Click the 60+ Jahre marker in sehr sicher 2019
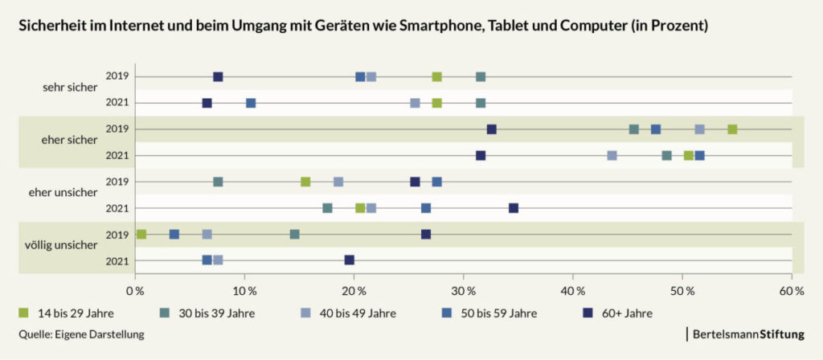218,77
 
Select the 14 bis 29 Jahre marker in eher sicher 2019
732,129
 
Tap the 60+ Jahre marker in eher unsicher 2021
514,208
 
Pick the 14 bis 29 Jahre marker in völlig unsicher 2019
141,235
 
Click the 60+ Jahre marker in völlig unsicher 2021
350,260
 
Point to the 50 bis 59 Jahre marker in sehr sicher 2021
251,104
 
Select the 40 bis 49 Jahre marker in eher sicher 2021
612,156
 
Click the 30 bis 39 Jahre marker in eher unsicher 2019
218,182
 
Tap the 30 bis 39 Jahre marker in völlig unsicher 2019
295,235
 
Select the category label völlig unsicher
60,246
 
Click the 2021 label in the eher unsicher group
117,208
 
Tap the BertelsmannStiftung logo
745,333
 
